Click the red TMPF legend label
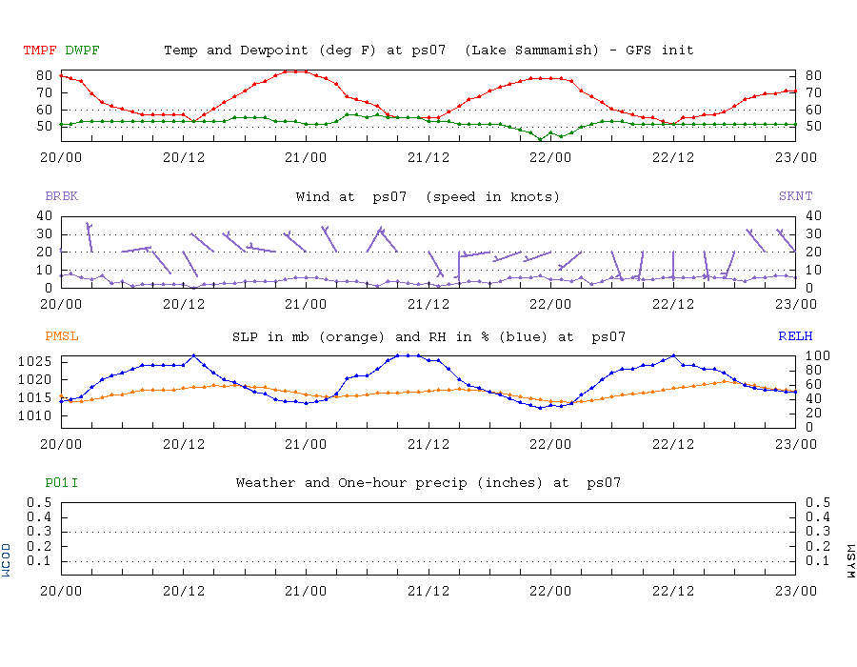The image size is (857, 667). click(x=39, y=50)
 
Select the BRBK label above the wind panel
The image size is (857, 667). click(x=62, y=197)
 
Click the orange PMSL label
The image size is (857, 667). click(x=62, y=336)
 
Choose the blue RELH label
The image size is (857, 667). click(x=794, y=336)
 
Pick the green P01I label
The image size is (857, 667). click(x=62, y=483)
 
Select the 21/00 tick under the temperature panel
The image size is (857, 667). click(x=307, y=156)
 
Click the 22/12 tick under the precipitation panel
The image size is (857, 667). click(x=673, y=591)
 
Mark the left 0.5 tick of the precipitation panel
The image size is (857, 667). click(x=40, y=502)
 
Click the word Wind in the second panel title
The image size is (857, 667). click(x=313, y=197)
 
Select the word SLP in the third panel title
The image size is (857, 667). click(x=245, y=336)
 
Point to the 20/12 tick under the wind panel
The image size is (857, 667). click(x=184, y=303)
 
